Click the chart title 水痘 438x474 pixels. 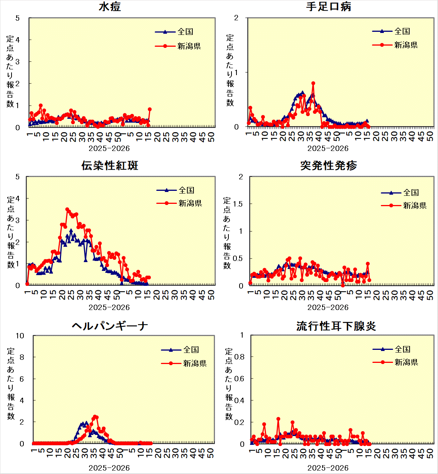tap(110, 7)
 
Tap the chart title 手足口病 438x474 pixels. tap(328, 7)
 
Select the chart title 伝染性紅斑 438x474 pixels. tap(110, 166)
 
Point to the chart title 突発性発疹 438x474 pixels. tap(329, 166)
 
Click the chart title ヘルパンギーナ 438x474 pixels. tap(110, 326)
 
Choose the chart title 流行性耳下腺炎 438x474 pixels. tap(336, 326)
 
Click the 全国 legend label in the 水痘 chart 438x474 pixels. tap(185, 32)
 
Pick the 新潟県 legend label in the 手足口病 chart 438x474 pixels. tap(406, 45)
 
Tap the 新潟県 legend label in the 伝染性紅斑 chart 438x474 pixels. tap(190, 203)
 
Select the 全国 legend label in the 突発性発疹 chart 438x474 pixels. tap(411, 192)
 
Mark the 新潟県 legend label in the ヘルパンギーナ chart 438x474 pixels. tap(195, 363)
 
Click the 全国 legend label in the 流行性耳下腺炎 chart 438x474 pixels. tap(403, 349)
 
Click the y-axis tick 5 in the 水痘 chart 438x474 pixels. tap(18, 18)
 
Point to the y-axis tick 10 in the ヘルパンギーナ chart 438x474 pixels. tap(20, 336)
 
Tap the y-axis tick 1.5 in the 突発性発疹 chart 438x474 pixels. tap(238, 204)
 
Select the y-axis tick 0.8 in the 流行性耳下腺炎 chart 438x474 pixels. tap(239, 357)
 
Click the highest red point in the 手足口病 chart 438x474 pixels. tap(313, 83)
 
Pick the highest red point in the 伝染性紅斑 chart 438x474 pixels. tap(67, 210)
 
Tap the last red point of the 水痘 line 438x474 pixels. tap(150, 109)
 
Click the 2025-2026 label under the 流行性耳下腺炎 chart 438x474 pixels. tap(328, 468)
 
